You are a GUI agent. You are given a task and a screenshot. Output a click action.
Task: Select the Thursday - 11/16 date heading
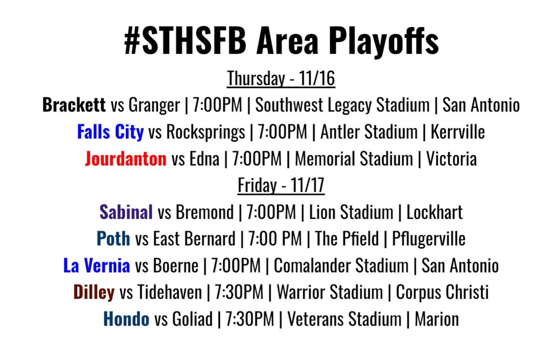[281, 79]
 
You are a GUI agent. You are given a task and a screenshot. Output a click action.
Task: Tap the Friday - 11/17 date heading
[281, 185]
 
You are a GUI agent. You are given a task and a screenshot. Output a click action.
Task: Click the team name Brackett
[74, 106]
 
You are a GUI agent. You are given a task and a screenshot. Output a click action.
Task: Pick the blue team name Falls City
[110, 132]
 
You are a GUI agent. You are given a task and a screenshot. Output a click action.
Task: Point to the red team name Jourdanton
[125, 159]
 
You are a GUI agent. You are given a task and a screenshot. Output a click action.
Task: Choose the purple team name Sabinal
[126, 212]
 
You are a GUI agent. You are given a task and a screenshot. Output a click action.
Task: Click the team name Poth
[113, 239]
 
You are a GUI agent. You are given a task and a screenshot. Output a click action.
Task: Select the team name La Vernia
[97, 266]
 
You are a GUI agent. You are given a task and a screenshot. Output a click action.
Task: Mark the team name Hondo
[126, 319]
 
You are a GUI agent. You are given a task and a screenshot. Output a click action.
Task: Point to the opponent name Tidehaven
[169, 292]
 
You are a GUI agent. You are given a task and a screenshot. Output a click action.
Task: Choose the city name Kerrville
[458, 132]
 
